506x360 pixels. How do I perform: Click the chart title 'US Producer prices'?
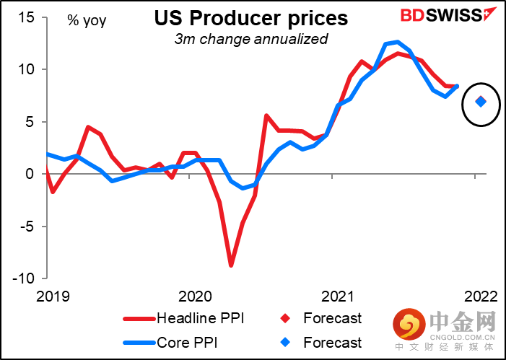250,17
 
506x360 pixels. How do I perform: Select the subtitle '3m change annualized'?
250,39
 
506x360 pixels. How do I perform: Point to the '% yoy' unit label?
87,20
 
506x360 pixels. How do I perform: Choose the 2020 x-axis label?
193,297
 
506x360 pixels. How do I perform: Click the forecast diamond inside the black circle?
481,102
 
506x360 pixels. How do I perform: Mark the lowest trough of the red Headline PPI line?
231,265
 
